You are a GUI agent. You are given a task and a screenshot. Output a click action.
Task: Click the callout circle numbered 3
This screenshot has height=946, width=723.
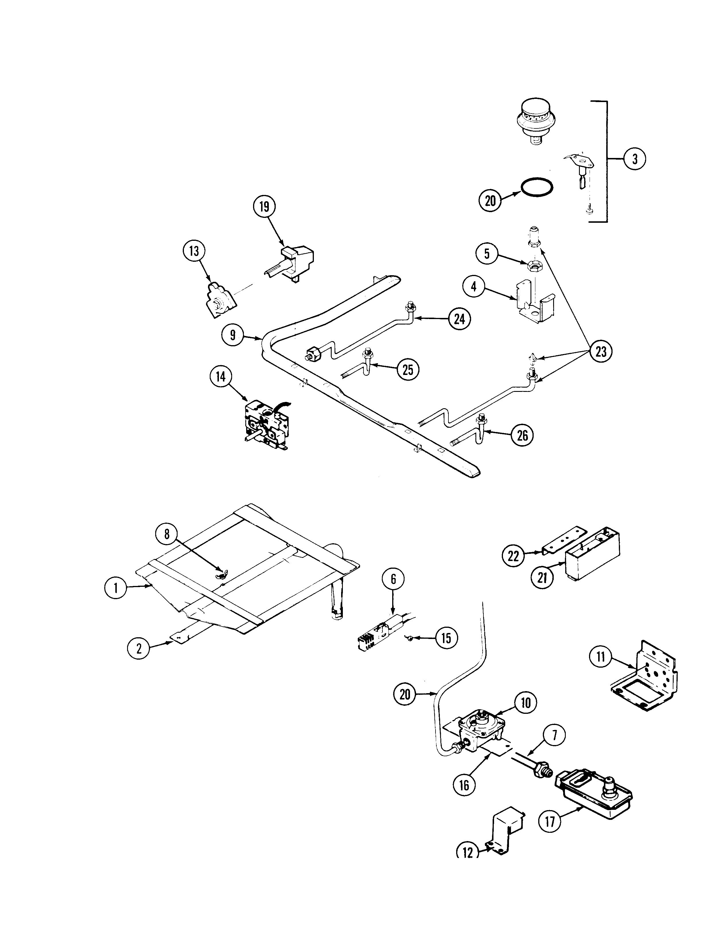(x=634, y=159)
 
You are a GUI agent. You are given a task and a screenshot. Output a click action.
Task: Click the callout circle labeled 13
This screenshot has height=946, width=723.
(x=194, y=251)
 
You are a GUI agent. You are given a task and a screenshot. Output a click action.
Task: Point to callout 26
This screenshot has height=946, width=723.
(x=522, y=436)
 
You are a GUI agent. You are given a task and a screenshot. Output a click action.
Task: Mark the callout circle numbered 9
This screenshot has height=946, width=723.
(x=233, y=335)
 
